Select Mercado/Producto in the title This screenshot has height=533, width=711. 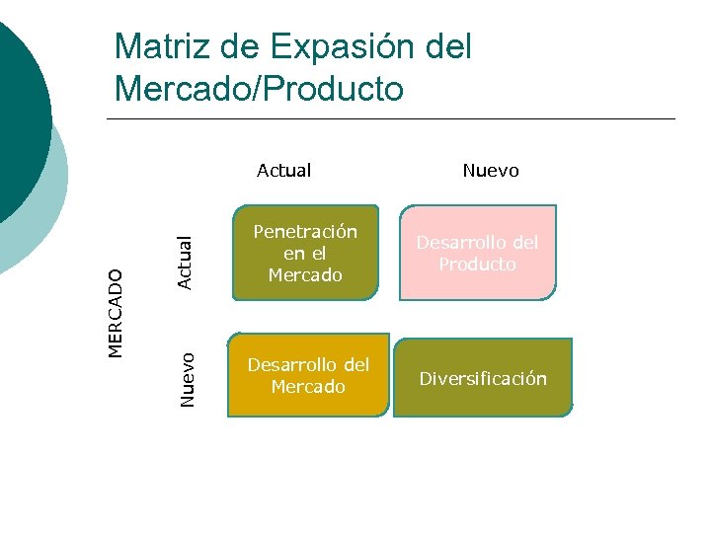pyautogui.click(x=259, y=89)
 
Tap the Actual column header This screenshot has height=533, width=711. pyautogui.click(x=283, y=171)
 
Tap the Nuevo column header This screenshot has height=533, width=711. pyautogui.click(x=491, y=171)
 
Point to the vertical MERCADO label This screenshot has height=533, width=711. pyautogui.click(x=117, y=313)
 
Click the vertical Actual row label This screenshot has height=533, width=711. pyautogui.click(x=184, y=263)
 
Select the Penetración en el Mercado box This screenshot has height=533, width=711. pyautogui.click(x=305, y=253)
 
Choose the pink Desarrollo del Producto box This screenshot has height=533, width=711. pyautogui.click(x=478, y=253)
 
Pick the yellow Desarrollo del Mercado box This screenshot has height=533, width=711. pyautogui.click(x=308, y=375)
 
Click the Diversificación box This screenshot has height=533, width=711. pyautogui.click(x=483, y=378)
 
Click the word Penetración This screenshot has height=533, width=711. pyautogui.click(x=305, y=232)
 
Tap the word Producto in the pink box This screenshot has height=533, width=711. pyautogui.click(x=478, y=265)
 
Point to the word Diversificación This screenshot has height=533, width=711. pyautogui.click(x=483, y=379)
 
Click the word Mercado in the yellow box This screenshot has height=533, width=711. pyautogui.click(x=308, y=387)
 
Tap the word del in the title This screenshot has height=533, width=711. pyautogui.click(x=448, y=46)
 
